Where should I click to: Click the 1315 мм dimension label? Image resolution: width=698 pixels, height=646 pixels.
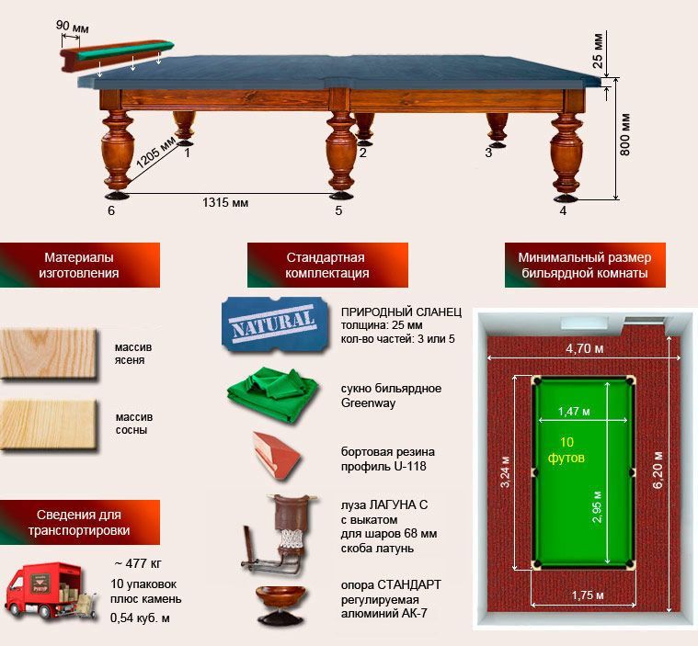pyautogui.click(x=225, y=203)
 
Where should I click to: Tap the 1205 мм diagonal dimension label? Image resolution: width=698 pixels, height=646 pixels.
pyautogui.click(x=155, y=153)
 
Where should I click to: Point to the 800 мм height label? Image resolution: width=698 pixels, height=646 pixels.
pyautogui.click(x=625, y=134)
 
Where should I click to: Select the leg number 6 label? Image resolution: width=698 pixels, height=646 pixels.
pyautogui.click(x=111, y=210)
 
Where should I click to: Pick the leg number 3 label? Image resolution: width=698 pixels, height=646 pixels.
pyautogui.click(x=488, y=153)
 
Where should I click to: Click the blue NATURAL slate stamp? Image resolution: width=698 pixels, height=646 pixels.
pyautogui.click(x=275, y=323)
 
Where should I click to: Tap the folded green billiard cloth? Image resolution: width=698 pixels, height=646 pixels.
pyautogui.click(x=272, y=394)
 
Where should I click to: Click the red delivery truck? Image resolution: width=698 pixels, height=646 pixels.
pyautogui.click(x=51, y=592)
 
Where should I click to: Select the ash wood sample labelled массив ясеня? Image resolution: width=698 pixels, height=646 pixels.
pyautogui.click(x=49, y=354)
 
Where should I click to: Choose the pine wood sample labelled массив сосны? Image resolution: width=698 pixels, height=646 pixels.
pyautogui.click(x=49, y=425)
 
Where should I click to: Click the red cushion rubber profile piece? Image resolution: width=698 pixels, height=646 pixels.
pyautogui.click(x=277, y=455)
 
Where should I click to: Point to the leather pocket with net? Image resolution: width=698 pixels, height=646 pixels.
pyautogui.click(x=279, y=534)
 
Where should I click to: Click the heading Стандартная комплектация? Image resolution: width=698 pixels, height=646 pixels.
pyautogui.click(x=327, y=265)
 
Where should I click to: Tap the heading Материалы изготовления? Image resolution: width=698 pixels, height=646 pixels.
pyautogui.click(x=79, y=265)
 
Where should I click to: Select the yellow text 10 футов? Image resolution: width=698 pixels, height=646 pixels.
pyautogui.click(x=566, y=449)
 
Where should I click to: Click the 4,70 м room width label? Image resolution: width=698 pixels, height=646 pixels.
pyautogui.click(x=585, y=348)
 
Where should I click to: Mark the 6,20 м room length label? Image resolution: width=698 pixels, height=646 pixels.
pyautogui.click(x=657, y=470)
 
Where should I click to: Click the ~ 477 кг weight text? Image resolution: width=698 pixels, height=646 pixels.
pyautogui.click(x=138, y=563)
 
